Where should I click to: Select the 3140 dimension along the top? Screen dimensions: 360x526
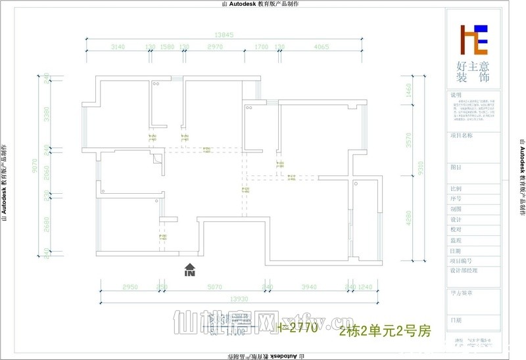click(x=118, y=47)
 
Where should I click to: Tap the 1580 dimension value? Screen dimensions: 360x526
click(x=167, y=47)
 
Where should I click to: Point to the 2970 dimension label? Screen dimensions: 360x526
click(x=214, y=47)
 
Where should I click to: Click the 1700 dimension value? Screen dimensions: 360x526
click(x=261, y=47)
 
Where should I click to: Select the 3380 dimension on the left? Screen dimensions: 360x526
click(x=47, y=114)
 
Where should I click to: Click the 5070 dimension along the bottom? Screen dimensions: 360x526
click(x=215, y=287)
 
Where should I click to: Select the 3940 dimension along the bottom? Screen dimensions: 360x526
click(x=308, y=287)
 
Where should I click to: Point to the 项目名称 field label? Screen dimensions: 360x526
click(x=462, y=135)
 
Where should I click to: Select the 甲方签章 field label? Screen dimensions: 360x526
click(x=462, y=293)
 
